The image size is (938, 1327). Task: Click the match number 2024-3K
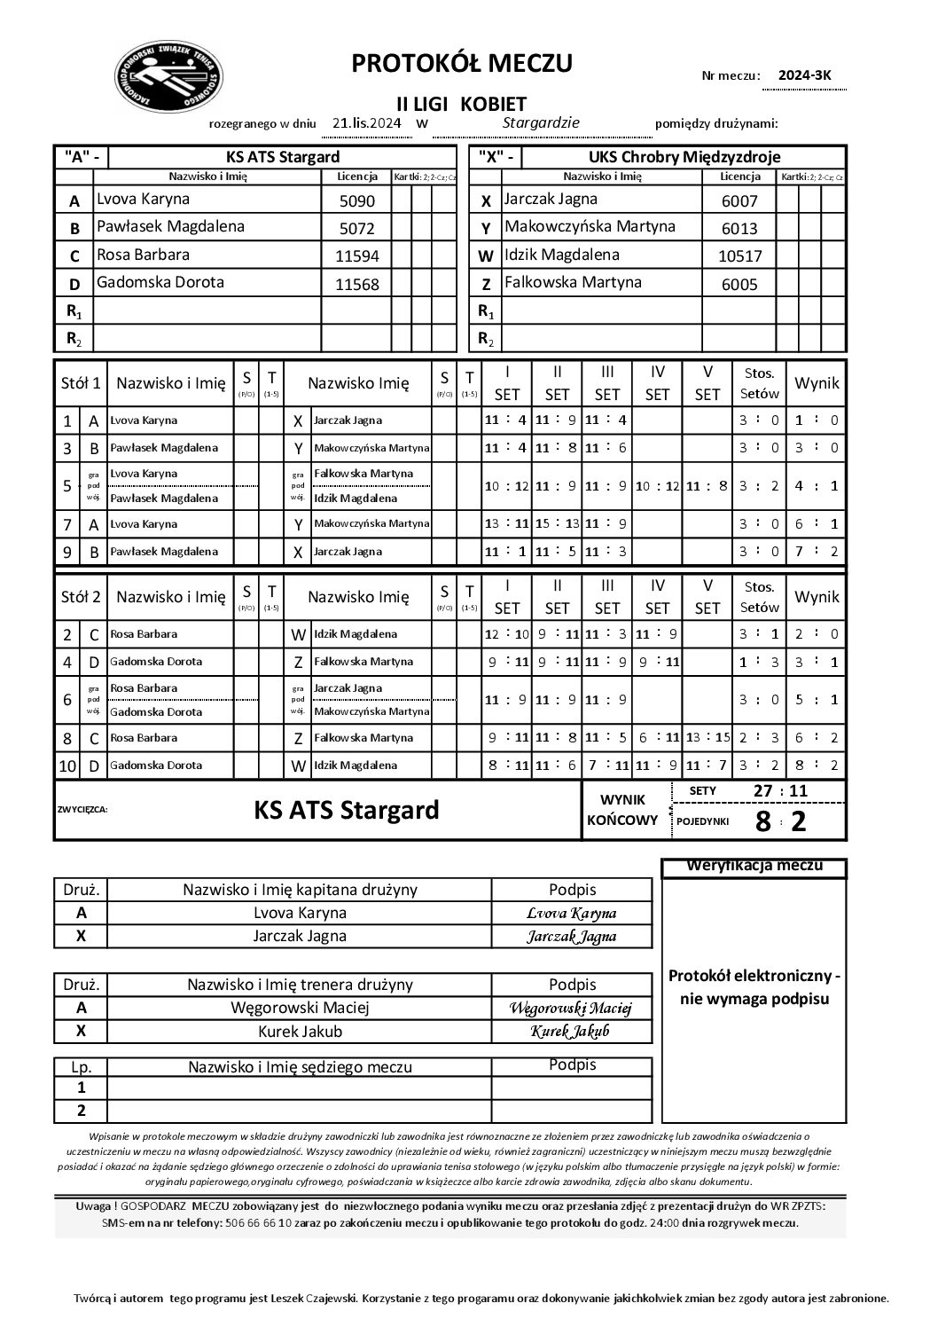(805, 75)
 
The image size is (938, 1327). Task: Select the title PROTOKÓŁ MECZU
(462, 63)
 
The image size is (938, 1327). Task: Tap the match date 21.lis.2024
(366, 123)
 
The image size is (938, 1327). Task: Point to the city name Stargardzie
(541, 123)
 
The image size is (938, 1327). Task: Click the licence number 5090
(357, 200)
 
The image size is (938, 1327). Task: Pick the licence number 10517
(739, 256)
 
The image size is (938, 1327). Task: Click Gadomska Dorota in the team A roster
(160, 283)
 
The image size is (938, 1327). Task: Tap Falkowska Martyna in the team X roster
(573, 283)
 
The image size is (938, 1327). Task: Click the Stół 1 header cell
(80, 383)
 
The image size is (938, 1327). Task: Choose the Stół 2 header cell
(80, 597)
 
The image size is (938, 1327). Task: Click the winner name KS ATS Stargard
(347, 810)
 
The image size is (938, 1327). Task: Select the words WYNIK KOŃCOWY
(622, 809)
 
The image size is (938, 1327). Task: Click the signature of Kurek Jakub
(570, 1032)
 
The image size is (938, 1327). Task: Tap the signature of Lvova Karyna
(571, 913)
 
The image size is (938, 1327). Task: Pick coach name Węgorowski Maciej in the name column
(300, 1008)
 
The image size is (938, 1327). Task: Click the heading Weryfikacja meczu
(754, 866)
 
